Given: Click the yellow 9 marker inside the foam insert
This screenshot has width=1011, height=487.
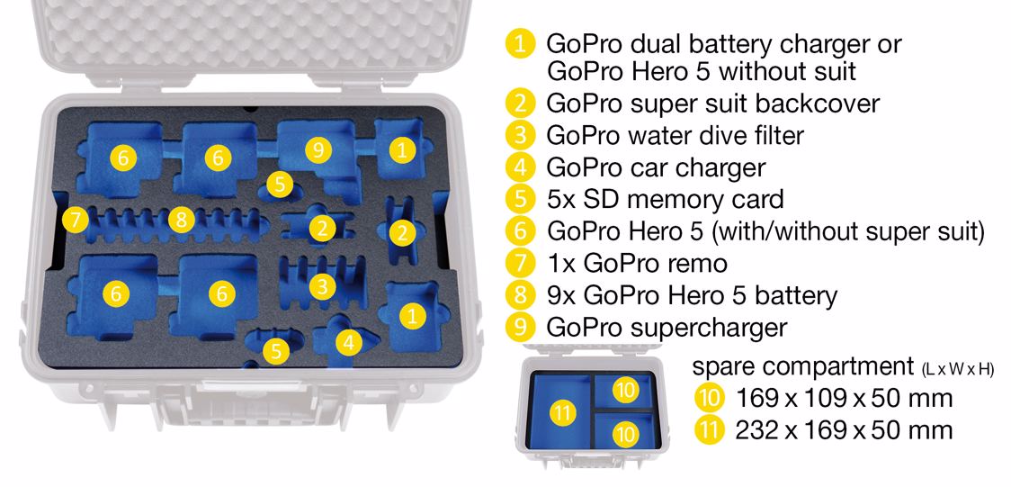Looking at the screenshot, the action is [x=317, y=150].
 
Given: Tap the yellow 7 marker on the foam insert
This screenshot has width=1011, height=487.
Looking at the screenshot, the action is [x=76, y=221].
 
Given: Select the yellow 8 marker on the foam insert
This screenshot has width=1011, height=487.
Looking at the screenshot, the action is [x=181, y=221].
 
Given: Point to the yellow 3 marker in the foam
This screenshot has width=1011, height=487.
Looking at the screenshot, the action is [x=322, y=287].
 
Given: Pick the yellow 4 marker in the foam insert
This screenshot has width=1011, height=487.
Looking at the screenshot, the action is [x=349, y=343].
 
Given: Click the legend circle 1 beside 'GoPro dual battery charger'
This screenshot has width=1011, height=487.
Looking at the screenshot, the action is [x=520, y=45].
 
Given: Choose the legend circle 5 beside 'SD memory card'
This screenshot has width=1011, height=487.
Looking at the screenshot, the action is [x=520, y=199].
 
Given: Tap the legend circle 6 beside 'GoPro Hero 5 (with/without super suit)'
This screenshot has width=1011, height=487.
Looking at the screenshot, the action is [x=520, y=231].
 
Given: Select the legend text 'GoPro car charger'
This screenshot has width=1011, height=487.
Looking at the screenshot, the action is [x=656, y=167].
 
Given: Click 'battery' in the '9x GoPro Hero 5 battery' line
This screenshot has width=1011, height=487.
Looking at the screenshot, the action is [x=796, y=296].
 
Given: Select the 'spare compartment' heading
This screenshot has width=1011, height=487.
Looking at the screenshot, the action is [x=799, y=366].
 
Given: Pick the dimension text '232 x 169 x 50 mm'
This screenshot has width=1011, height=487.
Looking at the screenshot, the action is [x=844, y=429].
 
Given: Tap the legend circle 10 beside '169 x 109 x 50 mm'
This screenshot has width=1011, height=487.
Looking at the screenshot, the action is [x=710, y=399].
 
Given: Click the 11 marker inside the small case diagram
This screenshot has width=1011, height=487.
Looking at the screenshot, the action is [x=563, y=413].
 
